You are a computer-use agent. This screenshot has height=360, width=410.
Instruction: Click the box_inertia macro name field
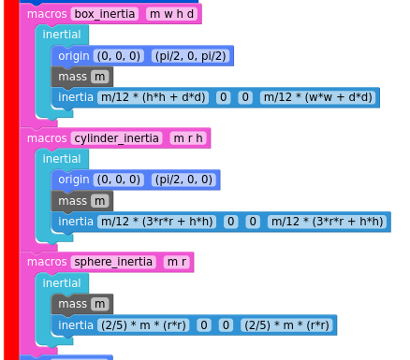tap(105, 14)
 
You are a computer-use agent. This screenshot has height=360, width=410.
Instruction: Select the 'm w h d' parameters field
tap(171, 14)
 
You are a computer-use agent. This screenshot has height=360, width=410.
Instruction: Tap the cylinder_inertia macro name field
tap(116, 138)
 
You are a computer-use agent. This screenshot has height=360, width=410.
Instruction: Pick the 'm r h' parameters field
tap(188, 138)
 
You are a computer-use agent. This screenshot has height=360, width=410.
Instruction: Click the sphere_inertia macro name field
tap(113, 262)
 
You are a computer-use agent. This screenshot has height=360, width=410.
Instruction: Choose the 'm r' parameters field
tap(177, 262)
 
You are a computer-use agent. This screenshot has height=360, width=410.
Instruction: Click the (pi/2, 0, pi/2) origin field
tap(190, 56)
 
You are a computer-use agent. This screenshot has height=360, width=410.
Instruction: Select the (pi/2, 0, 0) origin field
tap(183, 180)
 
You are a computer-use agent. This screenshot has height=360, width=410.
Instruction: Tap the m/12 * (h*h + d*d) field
tap(154, 97)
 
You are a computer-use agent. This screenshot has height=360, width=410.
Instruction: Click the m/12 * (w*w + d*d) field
tap(318, 97)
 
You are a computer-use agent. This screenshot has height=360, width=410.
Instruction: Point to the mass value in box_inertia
tap(100, 77)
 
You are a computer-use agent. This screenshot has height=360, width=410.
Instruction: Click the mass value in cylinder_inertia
tap(100, 201)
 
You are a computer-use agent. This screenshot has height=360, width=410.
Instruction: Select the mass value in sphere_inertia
tap(100, 304)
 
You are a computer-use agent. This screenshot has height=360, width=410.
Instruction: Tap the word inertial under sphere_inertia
tap(62, 283)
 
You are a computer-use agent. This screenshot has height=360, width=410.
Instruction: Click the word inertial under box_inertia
tap(62, 35)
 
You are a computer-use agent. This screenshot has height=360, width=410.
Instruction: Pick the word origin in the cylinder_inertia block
tap(74, 180)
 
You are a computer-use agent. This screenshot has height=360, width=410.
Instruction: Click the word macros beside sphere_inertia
tap(47, 262)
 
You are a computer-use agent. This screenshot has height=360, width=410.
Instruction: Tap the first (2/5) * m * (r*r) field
tap(143, 325)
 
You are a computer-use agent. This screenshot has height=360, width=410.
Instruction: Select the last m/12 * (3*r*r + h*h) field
tap(328, 222)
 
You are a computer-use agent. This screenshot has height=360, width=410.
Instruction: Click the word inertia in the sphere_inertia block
tap(76, 325)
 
